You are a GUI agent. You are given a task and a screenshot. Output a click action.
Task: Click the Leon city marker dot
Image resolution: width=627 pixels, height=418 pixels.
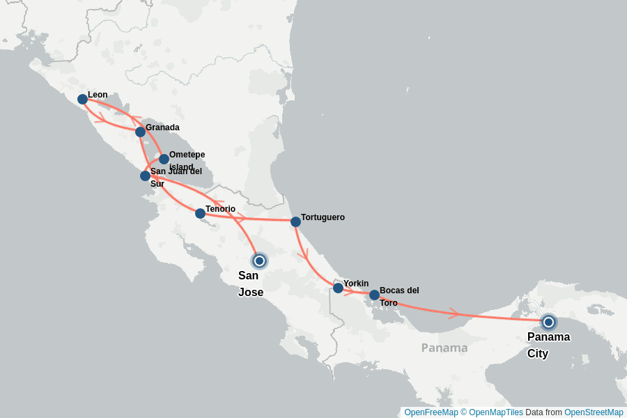click(82, 99)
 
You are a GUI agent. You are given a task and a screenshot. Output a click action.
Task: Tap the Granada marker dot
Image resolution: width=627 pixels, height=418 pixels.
click(140, 132)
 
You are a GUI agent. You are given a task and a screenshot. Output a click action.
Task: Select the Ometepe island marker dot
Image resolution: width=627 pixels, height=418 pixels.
click(164, 159)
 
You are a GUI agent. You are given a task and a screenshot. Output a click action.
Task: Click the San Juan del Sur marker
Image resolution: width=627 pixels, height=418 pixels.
click(145, 176)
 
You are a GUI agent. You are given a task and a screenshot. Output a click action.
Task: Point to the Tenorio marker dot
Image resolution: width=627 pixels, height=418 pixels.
click(200, 213)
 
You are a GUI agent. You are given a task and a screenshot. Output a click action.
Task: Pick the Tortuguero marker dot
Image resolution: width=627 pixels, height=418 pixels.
click(295, 222)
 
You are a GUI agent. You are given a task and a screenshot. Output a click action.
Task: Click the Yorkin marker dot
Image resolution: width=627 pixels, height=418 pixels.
click(338, 288)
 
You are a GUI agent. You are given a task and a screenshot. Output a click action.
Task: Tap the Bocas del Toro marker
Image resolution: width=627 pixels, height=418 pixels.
click(374, 295)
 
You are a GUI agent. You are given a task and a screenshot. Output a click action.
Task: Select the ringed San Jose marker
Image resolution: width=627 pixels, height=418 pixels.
click(259, 261)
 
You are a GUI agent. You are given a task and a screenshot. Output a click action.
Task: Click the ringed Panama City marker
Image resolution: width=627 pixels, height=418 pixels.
click(548, 322)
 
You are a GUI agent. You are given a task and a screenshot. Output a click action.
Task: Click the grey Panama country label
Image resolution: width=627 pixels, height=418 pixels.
click(444, 348)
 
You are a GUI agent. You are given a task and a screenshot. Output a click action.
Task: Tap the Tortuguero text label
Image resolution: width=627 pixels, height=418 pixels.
click(323, 217)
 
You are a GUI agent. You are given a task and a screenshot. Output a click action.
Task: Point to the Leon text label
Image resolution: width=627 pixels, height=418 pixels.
click(98, 95)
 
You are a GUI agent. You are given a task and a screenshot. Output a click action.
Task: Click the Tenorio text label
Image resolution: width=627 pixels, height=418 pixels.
click(220, 209)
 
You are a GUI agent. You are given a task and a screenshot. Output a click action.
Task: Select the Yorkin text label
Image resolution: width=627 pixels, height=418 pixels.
click(356, 284)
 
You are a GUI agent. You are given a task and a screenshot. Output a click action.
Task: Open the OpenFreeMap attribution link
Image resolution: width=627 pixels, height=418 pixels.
click(431, 412)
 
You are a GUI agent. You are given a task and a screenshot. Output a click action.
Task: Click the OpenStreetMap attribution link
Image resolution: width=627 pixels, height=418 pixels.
click(594, 412)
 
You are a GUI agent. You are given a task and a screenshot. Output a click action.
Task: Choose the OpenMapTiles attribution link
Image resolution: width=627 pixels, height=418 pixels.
click(495, 412)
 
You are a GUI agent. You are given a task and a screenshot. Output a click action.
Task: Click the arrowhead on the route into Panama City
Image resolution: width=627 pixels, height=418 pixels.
click(454, 313)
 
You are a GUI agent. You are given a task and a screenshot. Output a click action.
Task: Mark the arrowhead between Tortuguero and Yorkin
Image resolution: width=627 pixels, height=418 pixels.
click(303, 256)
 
